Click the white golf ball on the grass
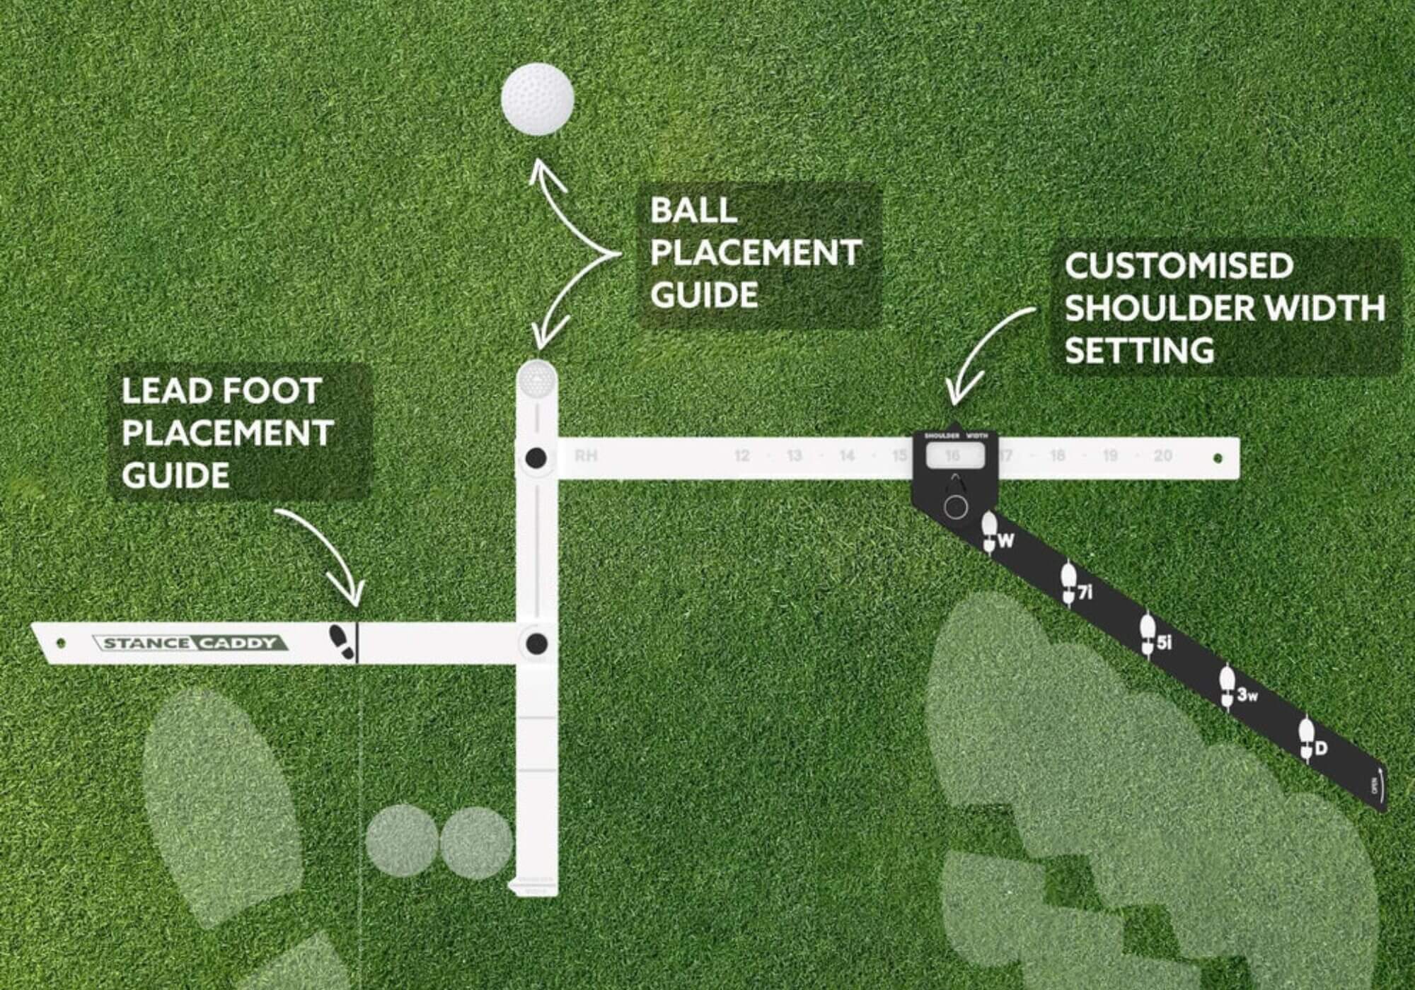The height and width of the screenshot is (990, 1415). [x=537, y=99]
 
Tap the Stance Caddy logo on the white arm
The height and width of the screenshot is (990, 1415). [x=189, y=643]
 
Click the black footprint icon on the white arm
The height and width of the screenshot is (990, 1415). [x=342, y=641]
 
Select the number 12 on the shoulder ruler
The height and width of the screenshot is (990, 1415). [x=741, y=456]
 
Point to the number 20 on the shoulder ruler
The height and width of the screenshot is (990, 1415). [x=1162, y=456]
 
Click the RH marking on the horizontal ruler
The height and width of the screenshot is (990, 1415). [x=586, y=456]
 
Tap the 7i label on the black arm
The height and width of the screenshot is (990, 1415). [x=1085, y=592]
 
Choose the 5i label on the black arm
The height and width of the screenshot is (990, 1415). [x=1164, y=642]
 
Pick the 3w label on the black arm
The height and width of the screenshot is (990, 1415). [x=1247, y=695]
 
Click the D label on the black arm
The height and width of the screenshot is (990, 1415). [x=1320, y=748]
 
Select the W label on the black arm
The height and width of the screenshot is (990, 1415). [x=1005, y=541]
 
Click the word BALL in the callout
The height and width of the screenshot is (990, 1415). [x=693, y=210]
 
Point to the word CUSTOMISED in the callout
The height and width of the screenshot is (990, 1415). [x=1179, y=266]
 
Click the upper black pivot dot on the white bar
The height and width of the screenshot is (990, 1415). [x=536, y=458]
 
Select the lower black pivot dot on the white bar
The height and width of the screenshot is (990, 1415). [x=537, y=643]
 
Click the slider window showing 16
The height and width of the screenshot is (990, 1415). [x=954, y=456]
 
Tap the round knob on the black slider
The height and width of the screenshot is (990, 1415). [x=956, y=507]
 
